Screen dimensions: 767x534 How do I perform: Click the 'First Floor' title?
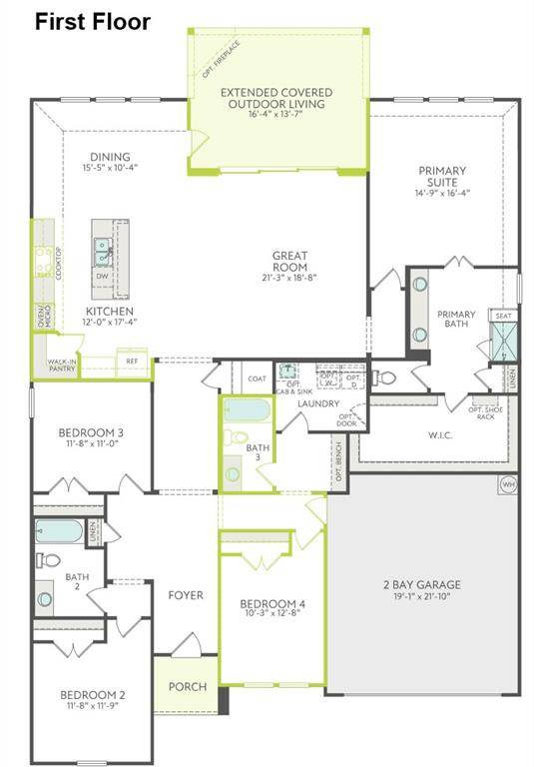click(x=93, y=20)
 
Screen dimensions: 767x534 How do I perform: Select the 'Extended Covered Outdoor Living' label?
click(x=276, y=98)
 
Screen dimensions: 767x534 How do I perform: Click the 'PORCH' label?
click(x=187, y=686)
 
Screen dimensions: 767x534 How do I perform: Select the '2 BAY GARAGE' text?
click(x=422, y=585)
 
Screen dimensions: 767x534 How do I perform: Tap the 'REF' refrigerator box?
click(x=132, y=362)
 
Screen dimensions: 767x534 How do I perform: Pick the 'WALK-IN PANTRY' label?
click(x=62, y=368)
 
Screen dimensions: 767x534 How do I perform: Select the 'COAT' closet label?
click(x=259, y=379)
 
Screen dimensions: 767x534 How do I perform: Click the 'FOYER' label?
click(x=186, y=595)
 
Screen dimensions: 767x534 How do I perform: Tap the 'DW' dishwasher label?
click(x=103, y=277)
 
